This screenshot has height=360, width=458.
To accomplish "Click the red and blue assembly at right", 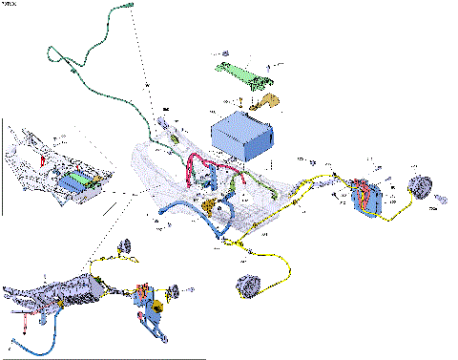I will tap(364, 195).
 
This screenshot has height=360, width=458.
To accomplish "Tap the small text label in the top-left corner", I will tap(14, 4).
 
